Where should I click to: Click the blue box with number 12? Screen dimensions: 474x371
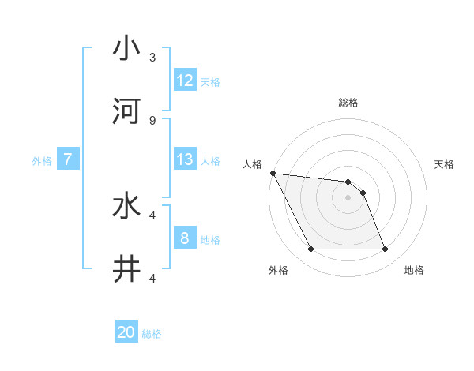tap(185, 80)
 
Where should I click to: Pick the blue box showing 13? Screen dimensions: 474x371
tap(185, 159)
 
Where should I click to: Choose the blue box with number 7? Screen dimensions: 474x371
tap(68, 159)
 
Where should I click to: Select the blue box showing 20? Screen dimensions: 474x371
tap(126, 333)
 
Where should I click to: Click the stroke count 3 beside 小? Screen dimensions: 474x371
tap(152, 57)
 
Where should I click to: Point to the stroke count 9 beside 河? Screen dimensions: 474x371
tap(152, 120)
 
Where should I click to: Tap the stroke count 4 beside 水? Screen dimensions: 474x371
tap(152, 215)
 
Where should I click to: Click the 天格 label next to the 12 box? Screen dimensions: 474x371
tap(210, 81)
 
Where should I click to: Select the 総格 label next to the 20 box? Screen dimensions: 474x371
tap(152, 334)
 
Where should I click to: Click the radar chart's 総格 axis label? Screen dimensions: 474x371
tap(348, 103)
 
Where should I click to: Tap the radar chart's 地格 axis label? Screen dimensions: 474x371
tap(414, 270)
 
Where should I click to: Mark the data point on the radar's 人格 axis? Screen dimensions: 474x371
tap(273, 173)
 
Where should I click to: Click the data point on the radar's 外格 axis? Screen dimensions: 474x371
tap(310, 249)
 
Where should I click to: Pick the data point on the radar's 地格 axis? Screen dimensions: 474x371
tap(385, 249)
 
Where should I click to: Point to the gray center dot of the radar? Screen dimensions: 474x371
tap(348, 197)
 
